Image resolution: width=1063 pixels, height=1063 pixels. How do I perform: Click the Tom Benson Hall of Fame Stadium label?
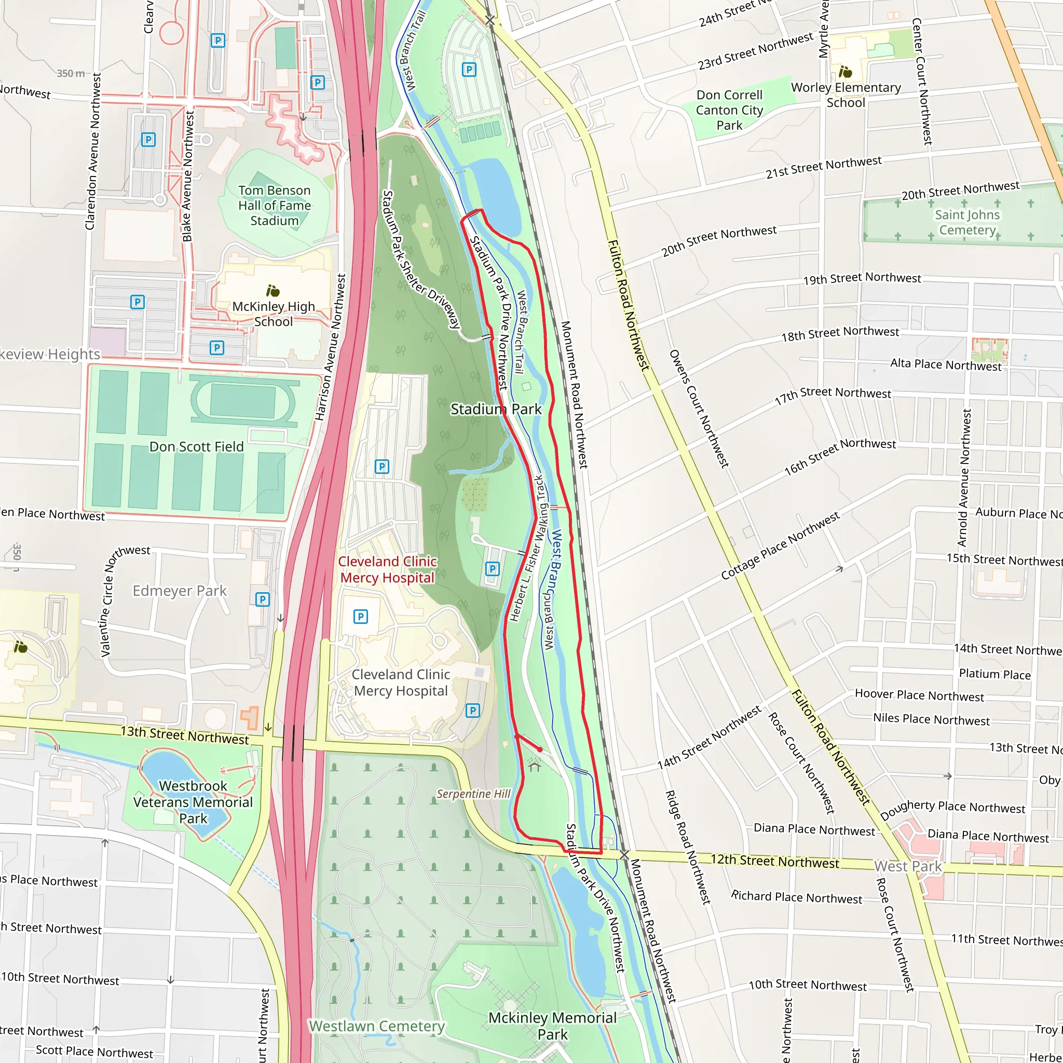274,205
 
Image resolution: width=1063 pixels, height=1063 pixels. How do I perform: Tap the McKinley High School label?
274,313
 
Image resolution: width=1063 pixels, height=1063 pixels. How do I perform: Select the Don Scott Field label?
196,446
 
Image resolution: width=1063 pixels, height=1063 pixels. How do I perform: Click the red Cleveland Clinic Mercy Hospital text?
387,569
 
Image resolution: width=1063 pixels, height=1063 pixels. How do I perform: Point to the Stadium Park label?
496,409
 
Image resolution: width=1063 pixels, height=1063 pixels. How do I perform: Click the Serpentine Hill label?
473,794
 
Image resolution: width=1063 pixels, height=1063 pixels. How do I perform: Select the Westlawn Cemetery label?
377,1026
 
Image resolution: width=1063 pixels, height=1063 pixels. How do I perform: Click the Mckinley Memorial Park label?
552,1026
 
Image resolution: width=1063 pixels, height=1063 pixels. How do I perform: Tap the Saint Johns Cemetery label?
967,222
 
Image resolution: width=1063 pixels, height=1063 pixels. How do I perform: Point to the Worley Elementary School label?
846,94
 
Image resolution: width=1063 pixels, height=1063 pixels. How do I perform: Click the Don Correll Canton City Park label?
729,110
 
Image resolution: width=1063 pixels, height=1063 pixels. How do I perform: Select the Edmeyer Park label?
180,590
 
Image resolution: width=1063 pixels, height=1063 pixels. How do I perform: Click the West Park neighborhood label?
908,866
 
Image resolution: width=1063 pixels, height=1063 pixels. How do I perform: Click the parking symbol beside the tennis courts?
469,70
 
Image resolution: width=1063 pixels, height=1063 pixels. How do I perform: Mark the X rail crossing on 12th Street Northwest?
624,854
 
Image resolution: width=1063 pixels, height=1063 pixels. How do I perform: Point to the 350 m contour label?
71,73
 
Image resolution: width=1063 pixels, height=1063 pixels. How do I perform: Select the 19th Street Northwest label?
862,278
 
